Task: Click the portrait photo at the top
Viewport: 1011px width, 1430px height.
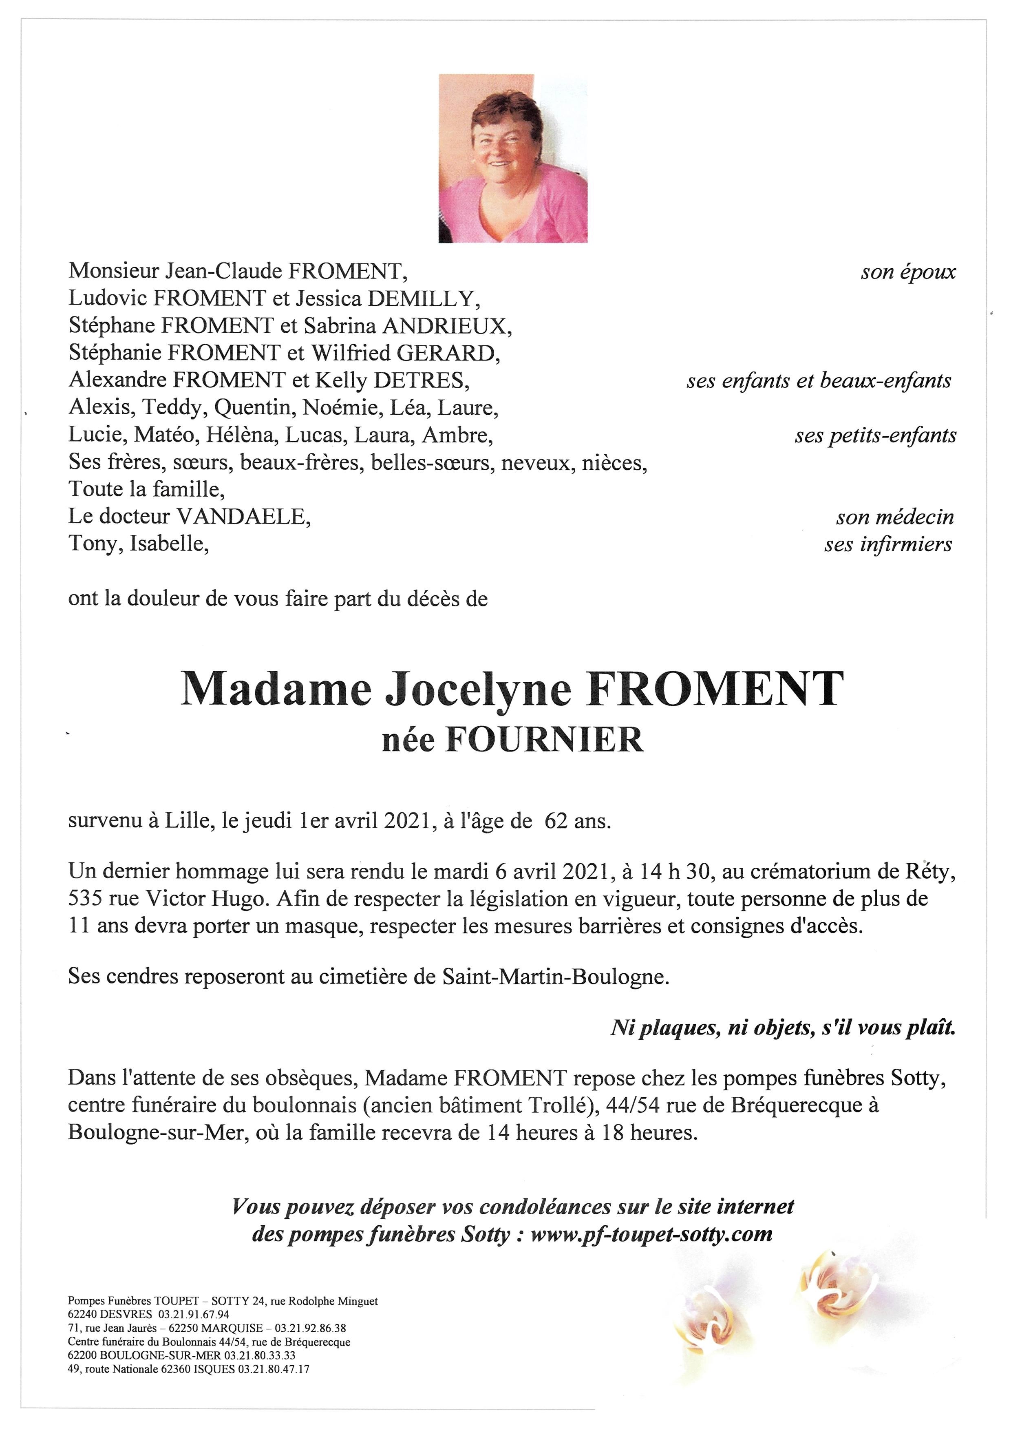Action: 513,158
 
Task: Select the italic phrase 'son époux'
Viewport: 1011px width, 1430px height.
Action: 908,272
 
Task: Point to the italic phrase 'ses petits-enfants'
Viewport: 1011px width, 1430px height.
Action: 875,435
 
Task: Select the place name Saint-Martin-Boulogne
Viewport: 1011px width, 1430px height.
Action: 555,977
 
